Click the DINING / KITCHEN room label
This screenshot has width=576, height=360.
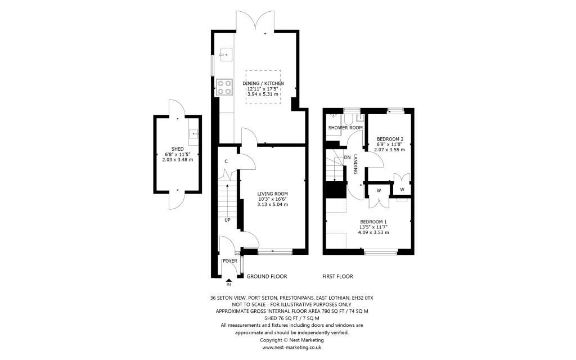pyautogui.click(x=263, y=83)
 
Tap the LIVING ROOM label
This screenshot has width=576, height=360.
pyautogui.click(x=272, y=193)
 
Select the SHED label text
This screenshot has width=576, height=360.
pyautogui.click(x=178, y=148)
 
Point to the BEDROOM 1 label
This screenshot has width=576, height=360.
pyautogui.click(x=374, y=221)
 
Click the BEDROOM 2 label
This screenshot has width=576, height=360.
pyautogui.click(x=390, y=139)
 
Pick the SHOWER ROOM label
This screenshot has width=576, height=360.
pyautogui.click(x=345, y=128)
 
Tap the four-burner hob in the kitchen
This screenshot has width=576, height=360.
pyautogui.click(x=224, y=86)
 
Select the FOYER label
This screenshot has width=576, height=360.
pyautogui.click(x=229, y=261)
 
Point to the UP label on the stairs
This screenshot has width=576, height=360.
pyautogui.click(x=227, y=219)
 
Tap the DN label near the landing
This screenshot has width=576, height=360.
pyautogui.click(x=347, y=157)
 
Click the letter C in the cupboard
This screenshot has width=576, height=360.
pyautogui.click(x=226, y=161)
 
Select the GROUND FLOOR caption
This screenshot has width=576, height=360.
pyautogui.click(x=267, y=276)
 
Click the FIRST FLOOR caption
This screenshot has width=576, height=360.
pyautogui.click(x=337, y=276)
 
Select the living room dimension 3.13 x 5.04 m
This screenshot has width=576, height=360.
pyautogui.click(x=272, y=204)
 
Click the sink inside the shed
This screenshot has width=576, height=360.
pyautogui.click(x=193, y=134)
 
